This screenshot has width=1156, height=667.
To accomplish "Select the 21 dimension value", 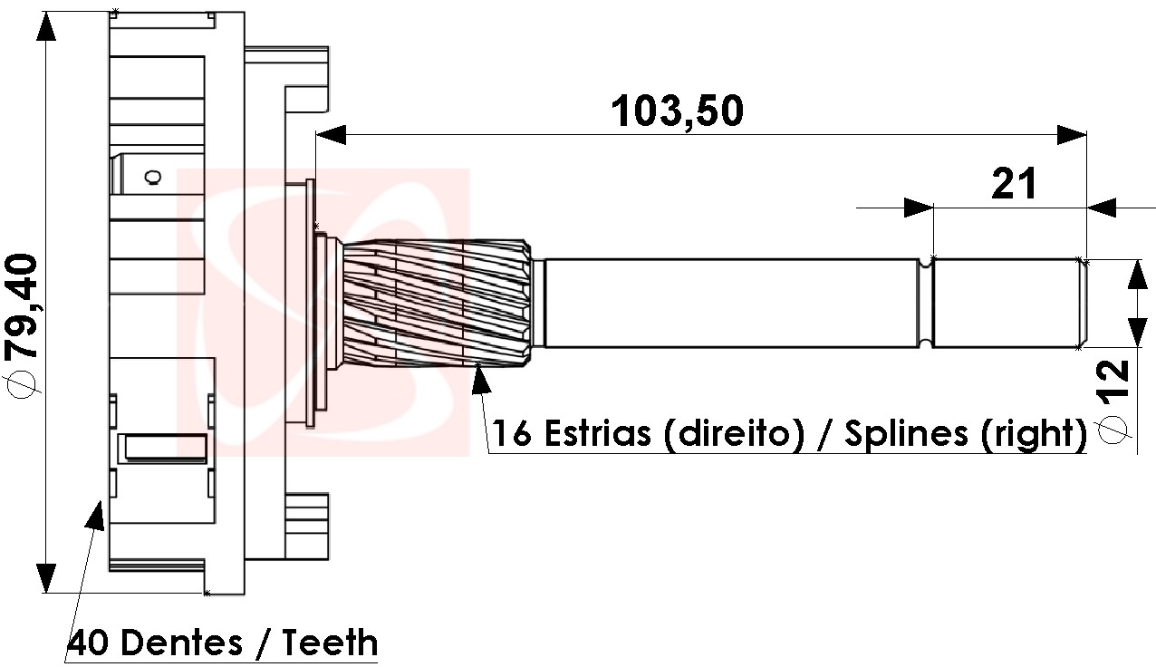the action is tap(1014, 184).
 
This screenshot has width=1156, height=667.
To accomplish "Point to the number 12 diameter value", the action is tap(1114, 386).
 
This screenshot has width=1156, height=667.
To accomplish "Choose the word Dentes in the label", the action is tap(181, 643).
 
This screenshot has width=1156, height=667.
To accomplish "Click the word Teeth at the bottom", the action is tap(331, 643).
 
